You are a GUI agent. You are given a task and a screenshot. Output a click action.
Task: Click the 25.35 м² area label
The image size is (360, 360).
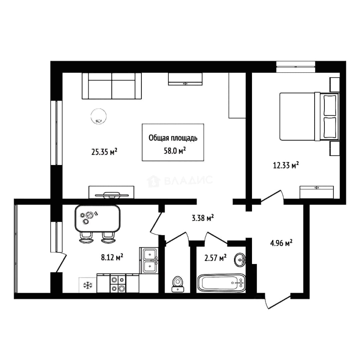[x=104, y=152]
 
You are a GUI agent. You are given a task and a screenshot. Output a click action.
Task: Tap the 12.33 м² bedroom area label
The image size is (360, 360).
[x=286, y=165]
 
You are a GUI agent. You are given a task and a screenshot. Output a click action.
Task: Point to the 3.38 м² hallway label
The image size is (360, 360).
[x=203, y=217]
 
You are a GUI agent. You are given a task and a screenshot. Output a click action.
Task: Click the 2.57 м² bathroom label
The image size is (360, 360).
[x=215, y=258]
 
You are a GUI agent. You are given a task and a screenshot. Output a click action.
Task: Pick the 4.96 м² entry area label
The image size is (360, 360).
[x=281, y=243]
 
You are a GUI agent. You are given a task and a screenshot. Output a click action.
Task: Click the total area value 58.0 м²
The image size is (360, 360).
[x=175, y=151]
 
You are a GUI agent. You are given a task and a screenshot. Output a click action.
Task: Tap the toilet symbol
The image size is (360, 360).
[x=178, y=284]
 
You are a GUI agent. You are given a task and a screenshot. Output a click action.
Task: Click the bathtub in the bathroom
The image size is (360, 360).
[x=221, y=283]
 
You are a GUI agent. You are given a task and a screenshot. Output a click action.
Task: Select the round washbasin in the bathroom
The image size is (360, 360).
[x=240, y=260]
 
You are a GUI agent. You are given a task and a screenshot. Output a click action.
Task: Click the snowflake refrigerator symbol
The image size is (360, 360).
[x=87, y=285]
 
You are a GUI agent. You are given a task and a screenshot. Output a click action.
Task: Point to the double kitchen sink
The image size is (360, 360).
[x=149, y=260]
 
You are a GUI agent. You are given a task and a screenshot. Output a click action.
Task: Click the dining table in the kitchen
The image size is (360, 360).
[x=98, y=218]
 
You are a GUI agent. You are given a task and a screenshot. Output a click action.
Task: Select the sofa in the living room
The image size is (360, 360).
[x=112, y=86]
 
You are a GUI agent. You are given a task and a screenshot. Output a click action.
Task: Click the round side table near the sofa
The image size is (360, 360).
[x=98, y=116]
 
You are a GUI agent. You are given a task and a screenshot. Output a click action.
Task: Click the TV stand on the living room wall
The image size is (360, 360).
[x=112, y=192]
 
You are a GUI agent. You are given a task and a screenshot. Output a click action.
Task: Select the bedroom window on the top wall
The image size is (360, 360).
[x=296, y=67]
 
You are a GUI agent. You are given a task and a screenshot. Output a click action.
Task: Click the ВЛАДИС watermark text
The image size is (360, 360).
[x=180, y=181]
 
